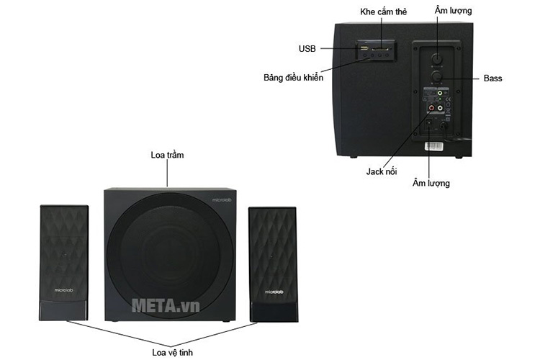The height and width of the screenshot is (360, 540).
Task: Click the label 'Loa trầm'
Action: coord(168,155)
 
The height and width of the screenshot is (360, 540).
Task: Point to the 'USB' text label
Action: coord(307,49)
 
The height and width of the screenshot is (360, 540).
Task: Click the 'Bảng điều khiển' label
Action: coord(294,77)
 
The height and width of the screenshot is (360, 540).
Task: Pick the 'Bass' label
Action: coord(493,78)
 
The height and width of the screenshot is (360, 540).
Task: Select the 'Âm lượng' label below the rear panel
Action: coord(431,183)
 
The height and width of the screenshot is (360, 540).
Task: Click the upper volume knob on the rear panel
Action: coord(435,55)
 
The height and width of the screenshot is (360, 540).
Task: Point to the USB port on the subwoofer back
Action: coord(364,49)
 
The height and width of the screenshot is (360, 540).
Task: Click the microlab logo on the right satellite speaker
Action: coord(272,292)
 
